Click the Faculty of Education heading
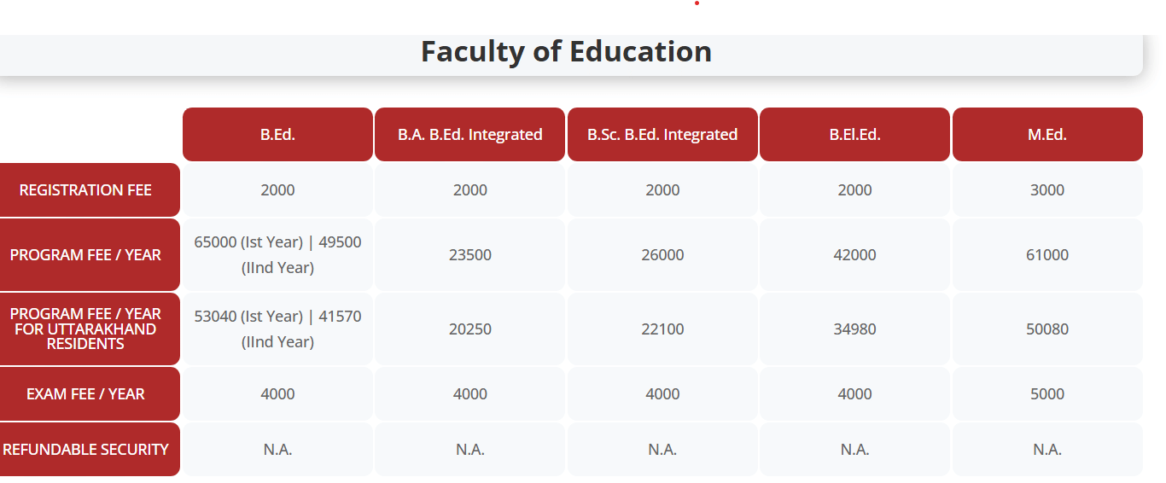(566, 52)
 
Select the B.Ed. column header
(277, 135)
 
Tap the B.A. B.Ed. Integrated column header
(469, 135)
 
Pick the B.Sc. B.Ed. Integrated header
(662, 135)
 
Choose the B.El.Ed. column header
(854, 135)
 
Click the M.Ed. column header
(1047, 135)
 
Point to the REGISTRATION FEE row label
(85, 190)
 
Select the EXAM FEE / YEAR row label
(85, 394)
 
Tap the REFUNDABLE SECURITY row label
(85, 450)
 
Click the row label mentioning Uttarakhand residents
(85, 329)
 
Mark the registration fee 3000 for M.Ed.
(1047, 190)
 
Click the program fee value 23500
(469, 255)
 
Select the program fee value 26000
(662, 255)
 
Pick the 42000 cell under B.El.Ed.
(854, 255)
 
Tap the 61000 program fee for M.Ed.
(1047, 255)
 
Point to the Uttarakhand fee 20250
(469, 329)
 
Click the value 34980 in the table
(854, 329)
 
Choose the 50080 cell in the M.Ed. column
(1047, 329)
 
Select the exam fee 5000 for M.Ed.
(1047, 394)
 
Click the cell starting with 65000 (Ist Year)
(277, 254)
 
